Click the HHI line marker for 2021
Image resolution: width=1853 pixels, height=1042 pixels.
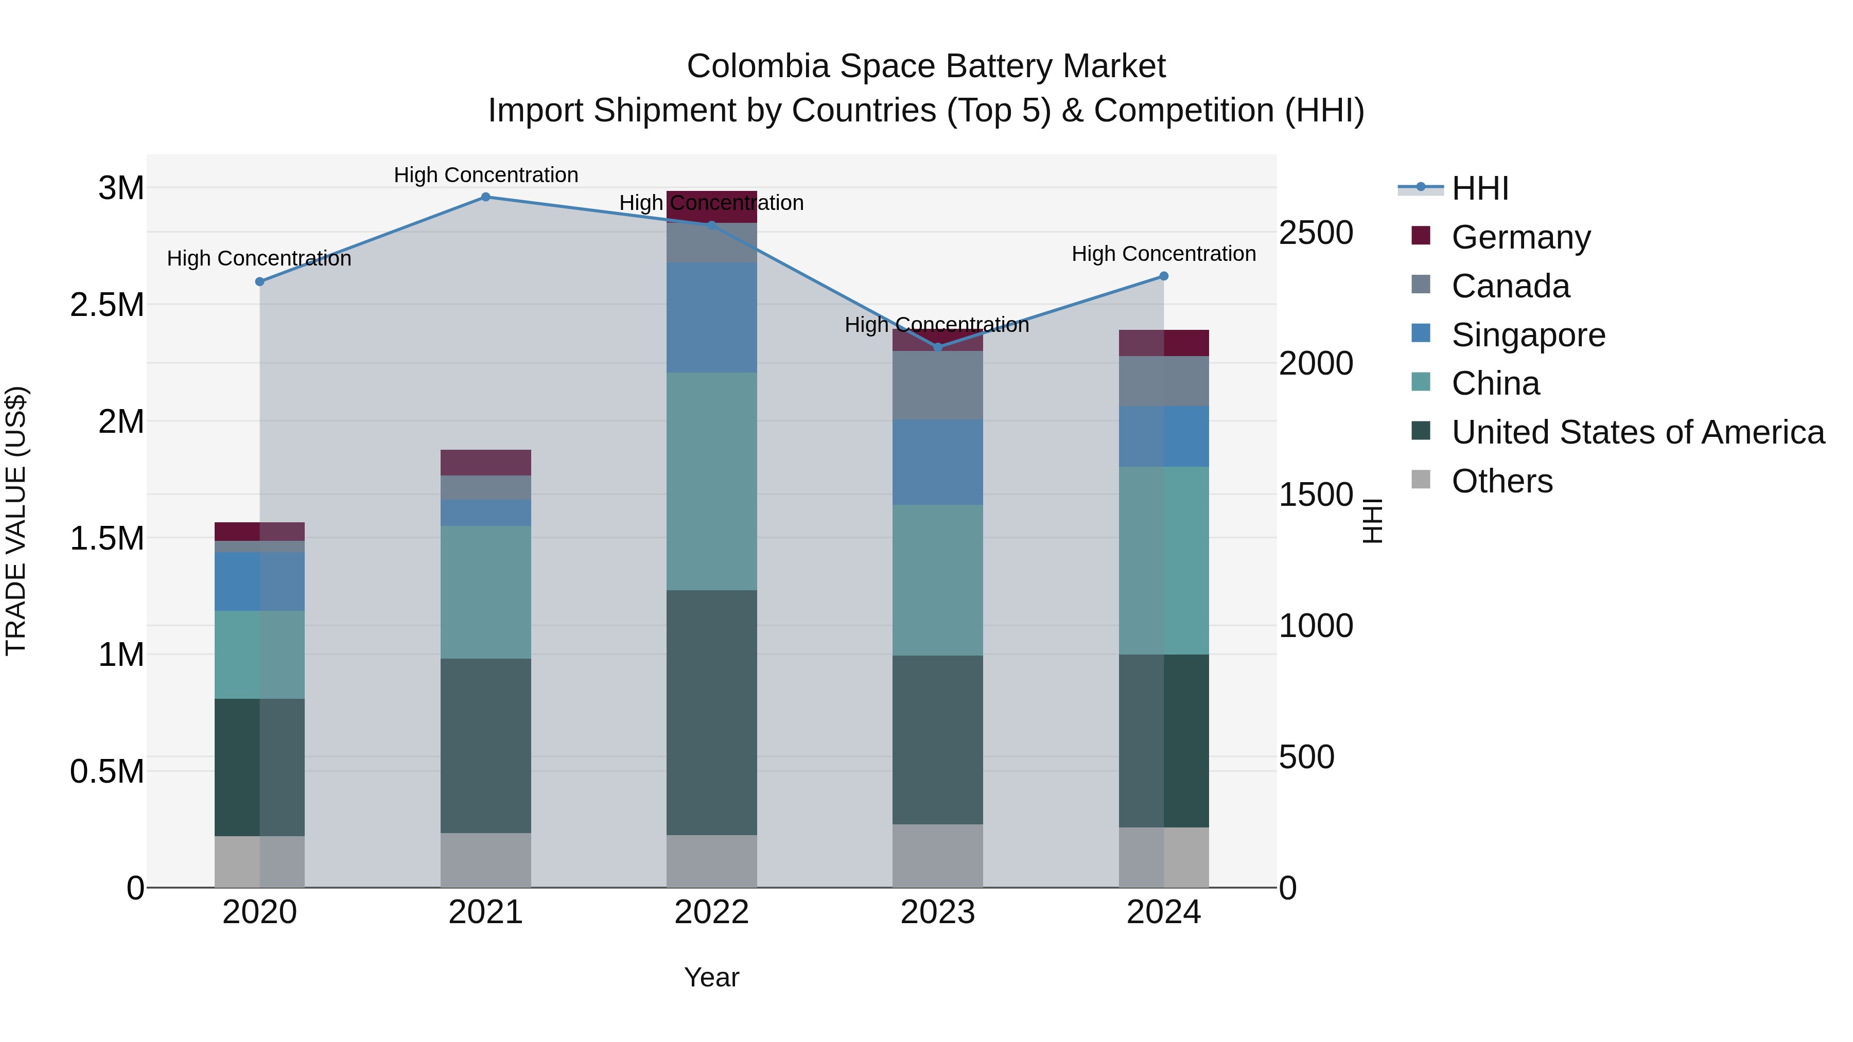click(485, 197)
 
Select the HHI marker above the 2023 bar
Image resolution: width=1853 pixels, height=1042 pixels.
click(937, 347)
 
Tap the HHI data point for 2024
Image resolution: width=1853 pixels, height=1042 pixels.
click(1163, 276)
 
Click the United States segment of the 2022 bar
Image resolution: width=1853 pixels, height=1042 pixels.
click(711, 712)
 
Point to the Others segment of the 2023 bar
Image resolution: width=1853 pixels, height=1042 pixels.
click(937, 855)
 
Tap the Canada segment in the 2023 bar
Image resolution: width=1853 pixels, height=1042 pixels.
click(937, 385)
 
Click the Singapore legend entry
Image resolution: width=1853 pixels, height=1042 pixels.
click(1528, 335)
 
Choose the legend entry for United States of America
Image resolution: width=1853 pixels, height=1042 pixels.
click(1637, 432)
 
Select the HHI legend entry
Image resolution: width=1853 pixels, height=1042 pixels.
click(1480, 188)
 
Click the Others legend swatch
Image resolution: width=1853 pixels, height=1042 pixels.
click(1421, 480)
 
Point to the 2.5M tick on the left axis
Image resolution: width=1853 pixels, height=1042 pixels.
click(107, 305)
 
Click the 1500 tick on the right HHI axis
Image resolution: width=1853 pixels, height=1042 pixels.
click(1316, 494)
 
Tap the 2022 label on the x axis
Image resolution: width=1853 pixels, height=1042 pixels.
click(711, 912)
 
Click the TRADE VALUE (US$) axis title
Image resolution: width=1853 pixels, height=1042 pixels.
click(16, 521)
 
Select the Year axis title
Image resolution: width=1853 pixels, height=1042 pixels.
click(711, 977)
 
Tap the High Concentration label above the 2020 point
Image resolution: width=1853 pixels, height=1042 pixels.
click(259, 258)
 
